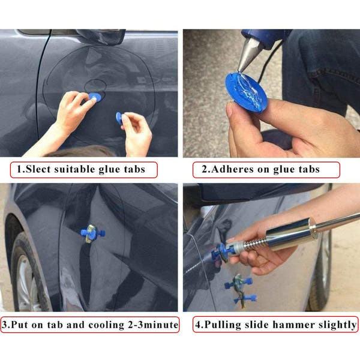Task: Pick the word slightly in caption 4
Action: (x=338, y=325)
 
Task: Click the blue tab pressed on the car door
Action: (x=95, y=98)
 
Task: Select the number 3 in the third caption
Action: (x=5, y=325)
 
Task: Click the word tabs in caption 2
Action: (x=307, y=169)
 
